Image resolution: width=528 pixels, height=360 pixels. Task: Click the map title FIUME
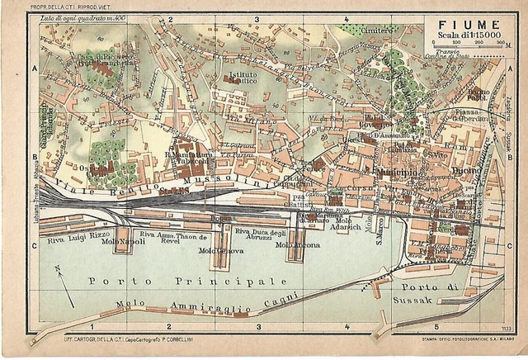[457, 25]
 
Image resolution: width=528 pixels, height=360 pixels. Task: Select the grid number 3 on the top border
[257, 17]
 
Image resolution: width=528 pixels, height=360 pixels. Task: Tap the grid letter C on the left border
[35, 245]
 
